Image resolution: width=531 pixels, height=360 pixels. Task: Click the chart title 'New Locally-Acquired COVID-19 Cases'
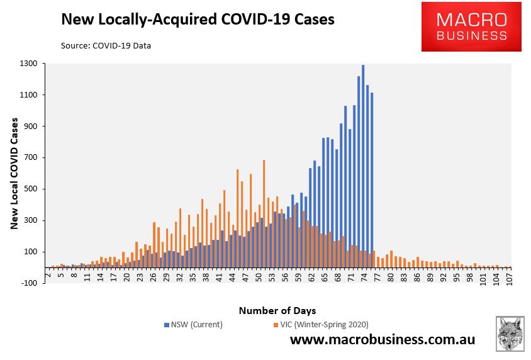tap(197, 20)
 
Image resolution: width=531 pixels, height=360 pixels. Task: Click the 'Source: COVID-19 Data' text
tap(106, 45)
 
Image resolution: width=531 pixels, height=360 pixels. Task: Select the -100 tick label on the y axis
tap(28, 283)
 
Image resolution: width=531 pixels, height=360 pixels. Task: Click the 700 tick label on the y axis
tap(30, 158)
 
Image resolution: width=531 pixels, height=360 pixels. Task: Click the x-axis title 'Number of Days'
tap(277, 310)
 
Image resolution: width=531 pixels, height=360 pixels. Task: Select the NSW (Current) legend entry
tap(193, 325)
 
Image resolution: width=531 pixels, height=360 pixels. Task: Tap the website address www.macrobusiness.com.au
tap(383, 340)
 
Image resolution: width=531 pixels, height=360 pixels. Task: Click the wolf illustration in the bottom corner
tap(510, 334)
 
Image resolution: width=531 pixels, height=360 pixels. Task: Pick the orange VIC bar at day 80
tap(391, 259)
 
